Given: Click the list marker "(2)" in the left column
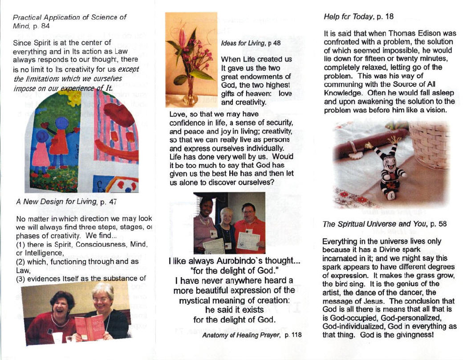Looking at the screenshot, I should [x=20, y=262].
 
